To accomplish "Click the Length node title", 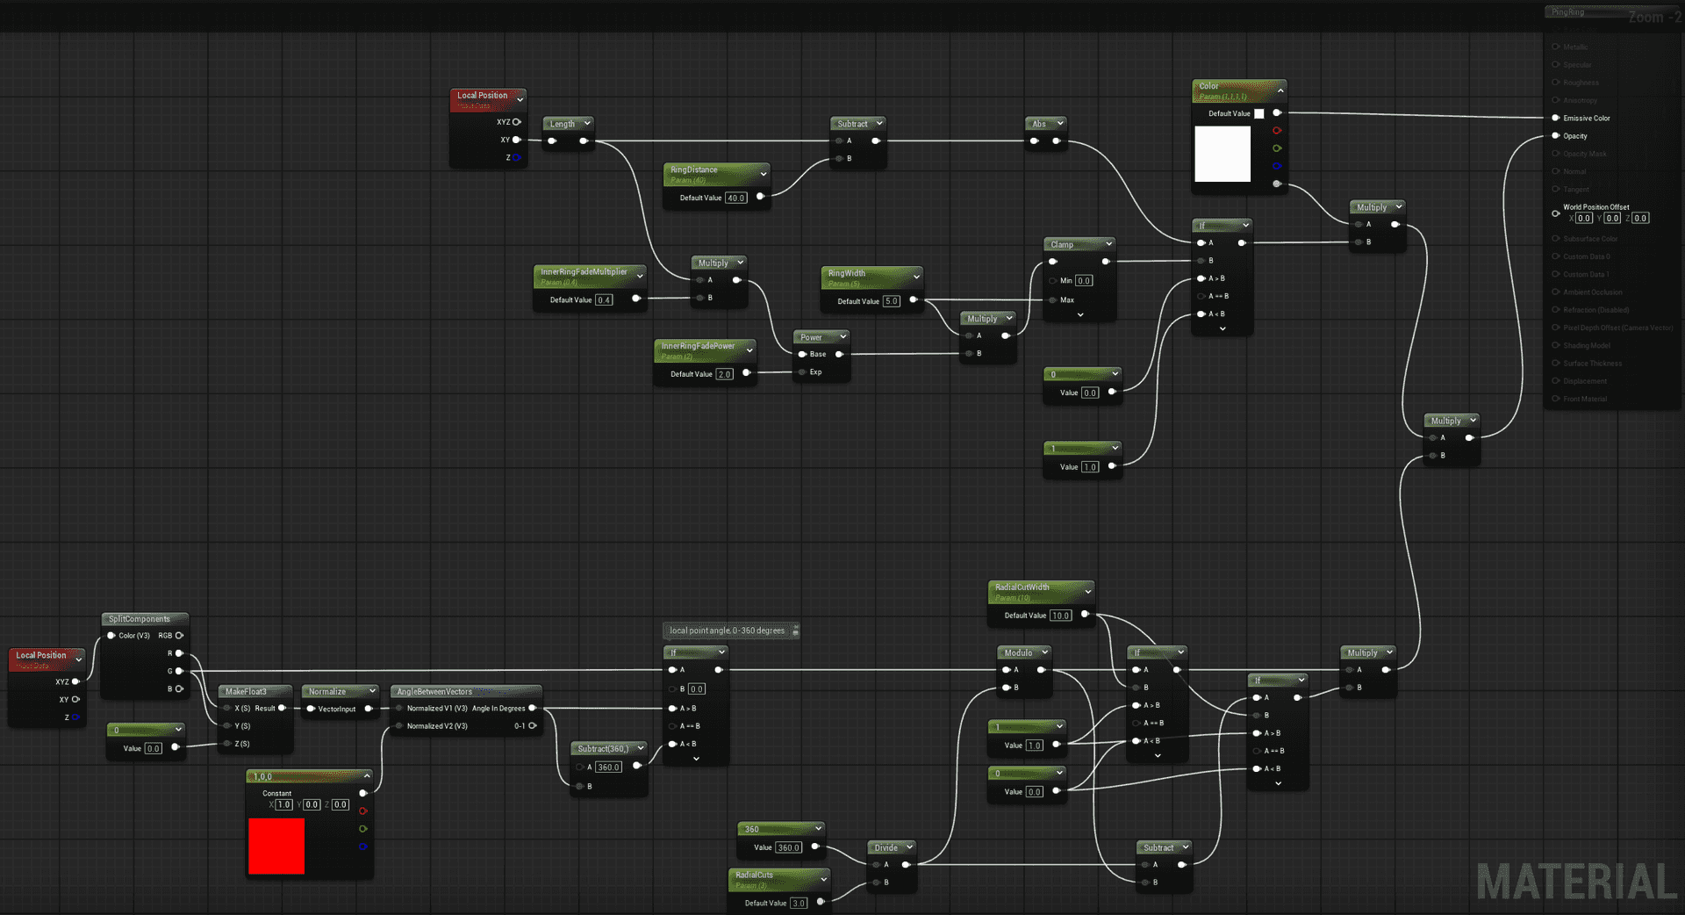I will coord(562,124).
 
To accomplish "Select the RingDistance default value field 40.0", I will coord(735,198).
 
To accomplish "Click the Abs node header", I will coord(1039,124).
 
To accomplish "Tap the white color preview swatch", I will coord(1223,154).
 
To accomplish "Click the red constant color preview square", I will coord(276,846).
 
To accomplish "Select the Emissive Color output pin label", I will coord(1586,119).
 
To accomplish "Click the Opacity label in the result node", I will coord(1574,136).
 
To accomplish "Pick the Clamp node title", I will coord(1062,245).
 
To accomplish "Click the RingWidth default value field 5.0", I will coord(891,301).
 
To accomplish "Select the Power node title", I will coord(811,337).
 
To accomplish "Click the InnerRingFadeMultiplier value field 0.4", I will coord(604,300).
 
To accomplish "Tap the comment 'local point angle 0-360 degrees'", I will coord(727,630).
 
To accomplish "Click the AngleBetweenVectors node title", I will coord(434,692).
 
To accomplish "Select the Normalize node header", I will coord(326,692).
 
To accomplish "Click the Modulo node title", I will coord(1018,653).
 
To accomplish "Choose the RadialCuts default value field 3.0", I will coord(798,904).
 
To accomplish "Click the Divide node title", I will coord(886,848).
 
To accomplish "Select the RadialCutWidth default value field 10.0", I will coord(1060,616).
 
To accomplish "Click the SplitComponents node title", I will coord(140,619).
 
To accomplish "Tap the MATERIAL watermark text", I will coord(1576,883).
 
